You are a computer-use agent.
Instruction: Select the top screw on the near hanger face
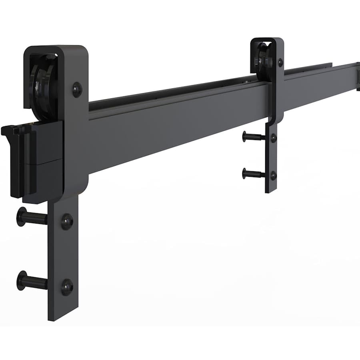[x=77, y=90]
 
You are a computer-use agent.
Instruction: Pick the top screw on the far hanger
[x=280, y=62]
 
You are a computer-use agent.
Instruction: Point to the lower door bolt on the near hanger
[x=30, y=281]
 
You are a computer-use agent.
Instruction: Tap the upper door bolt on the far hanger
[x=252, y=137]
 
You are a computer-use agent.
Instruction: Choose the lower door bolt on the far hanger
[x=252, y=173]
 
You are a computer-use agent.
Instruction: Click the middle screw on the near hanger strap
[x=67, y=221]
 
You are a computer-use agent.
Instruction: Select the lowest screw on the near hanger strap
[x=67, y=287]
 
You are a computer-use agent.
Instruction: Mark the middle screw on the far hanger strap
[x=274, y=138]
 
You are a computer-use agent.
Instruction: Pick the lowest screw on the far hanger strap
[x=274, y=175]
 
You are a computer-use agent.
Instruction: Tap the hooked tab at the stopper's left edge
[x=9, y=132]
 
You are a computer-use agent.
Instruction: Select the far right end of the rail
[x=357, y=76]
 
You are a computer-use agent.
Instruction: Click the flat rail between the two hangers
[x=180, y=120]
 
